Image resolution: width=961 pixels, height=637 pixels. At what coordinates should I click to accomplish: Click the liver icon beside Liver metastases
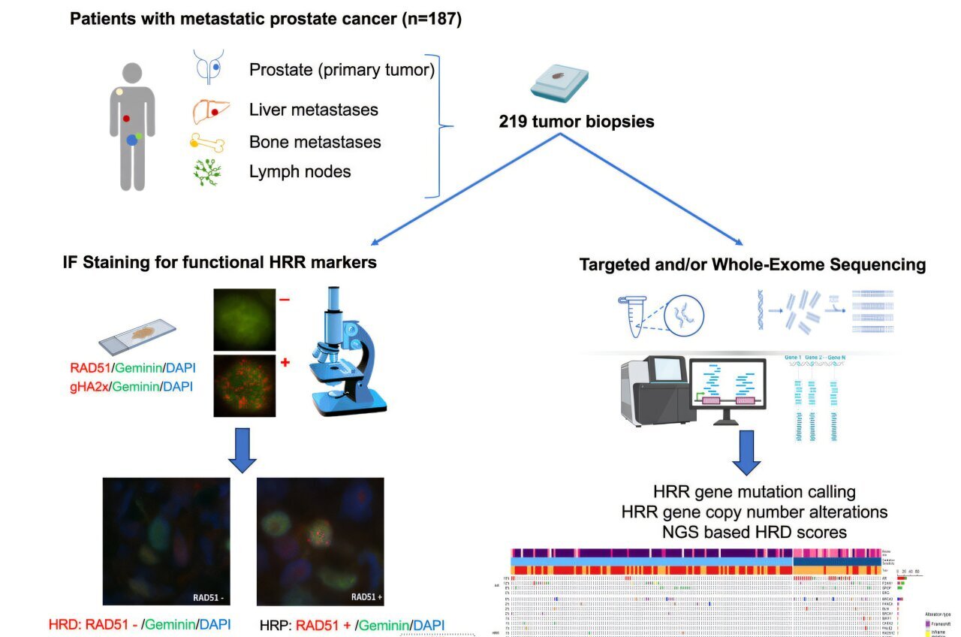210,110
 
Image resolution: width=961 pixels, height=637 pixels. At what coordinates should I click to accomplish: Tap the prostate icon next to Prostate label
209,67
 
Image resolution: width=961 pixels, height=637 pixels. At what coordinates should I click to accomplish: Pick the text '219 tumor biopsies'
576,121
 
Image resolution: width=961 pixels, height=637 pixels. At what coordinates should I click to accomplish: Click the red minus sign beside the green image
285,300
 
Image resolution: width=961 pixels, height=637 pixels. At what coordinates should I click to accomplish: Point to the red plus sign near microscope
285,363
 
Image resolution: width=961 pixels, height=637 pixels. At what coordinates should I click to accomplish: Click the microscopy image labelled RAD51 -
167,541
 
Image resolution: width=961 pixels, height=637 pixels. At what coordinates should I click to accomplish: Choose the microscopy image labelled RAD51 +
320,541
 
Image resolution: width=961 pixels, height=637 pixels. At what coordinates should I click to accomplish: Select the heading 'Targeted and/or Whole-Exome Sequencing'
752,264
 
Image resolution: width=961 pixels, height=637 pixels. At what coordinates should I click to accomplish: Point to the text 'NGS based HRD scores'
755,532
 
